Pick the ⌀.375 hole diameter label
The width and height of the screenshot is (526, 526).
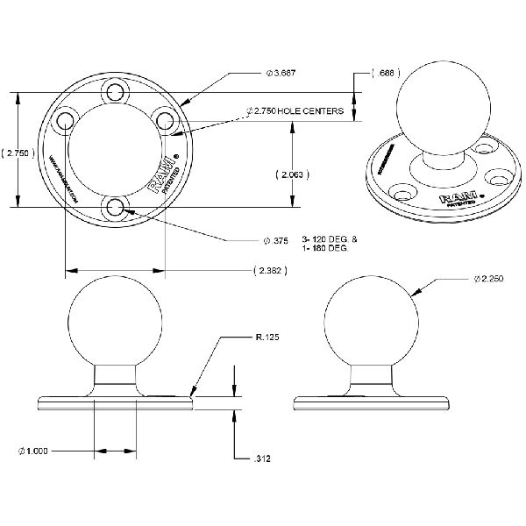pyautogui.click(x=276, y=238)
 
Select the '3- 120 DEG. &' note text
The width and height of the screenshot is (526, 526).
pyautogui.click(x=324, y=238)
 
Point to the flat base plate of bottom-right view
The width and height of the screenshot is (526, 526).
pyautogui.click(x=369, y=402)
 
